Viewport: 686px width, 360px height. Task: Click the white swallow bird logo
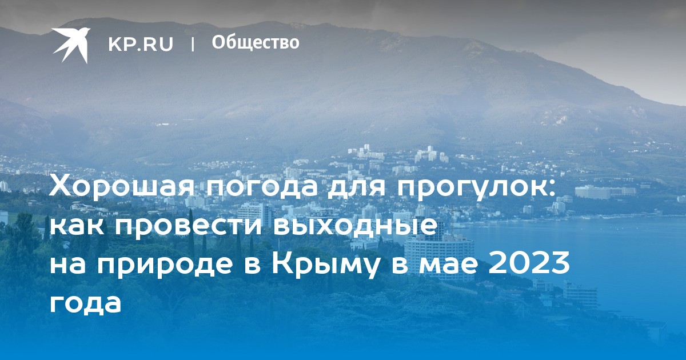coord(71,45)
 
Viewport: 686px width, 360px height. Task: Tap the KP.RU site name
coord(141,44)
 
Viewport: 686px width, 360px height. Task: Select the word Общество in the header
coord(256,42)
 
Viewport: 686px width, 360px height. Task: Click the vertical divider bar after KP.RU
coord(193,45)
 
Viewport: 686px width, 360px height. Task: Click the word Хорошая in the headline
coord(122,186)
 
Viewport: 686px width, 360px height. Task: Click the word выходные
coord(354,226)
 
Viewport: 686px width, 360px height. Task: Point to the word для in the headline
coord(357,187)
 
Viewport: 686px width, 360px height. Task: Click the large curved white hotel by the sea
coord(439,258)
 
